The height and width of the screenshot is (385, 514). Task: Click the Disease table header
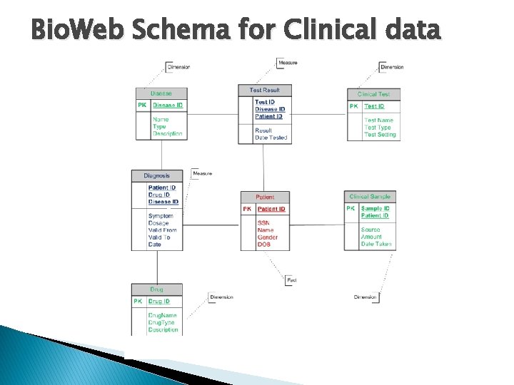(x=161, y=93)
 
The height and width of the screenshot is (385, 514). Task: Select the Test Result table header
(x=265, y=91)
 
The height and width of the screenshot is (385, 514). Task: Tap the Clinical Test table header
(x=373, y=94)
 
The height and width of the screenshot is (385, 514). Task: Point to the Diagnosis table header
(x=157, y=175)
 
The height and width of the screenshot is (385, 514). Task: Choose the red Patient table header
(x=264, y=197)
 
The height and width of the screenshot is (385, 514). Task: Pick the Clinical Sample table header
(x=370, y=196)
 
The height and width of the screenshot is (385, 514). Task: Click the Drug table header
(x=156, y=289)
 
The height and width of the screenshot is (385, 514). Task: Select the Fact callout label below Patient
(x=291, y=280)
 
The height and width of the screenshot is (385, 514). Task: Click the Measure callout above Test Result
(x=288, y=63)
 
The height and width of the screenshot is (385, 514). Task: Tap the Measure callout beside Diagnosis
(x=202, y=173)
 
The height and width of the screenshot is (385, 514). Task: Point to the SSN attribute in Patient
(x=263, y=222)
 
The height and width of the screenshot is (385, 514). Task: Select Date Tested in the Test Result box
(x=271, y=138)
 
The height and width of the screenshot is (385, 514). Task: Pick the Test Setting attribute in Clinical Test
(x=379, y=135)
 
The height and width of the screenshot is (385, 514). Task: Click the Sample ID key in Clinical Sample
(x=376, y=208)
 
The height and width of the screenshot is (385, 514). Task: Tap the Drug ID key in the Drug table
(x=159, y=302)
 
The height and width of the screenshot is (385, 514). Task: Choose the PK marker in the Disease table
(x=142, y=106)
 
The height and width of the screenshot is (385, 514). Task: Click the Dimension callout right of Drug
(x=221, y=297)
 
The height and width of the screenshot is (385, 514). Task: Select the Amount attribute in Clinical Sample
(x=371, y=237)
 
